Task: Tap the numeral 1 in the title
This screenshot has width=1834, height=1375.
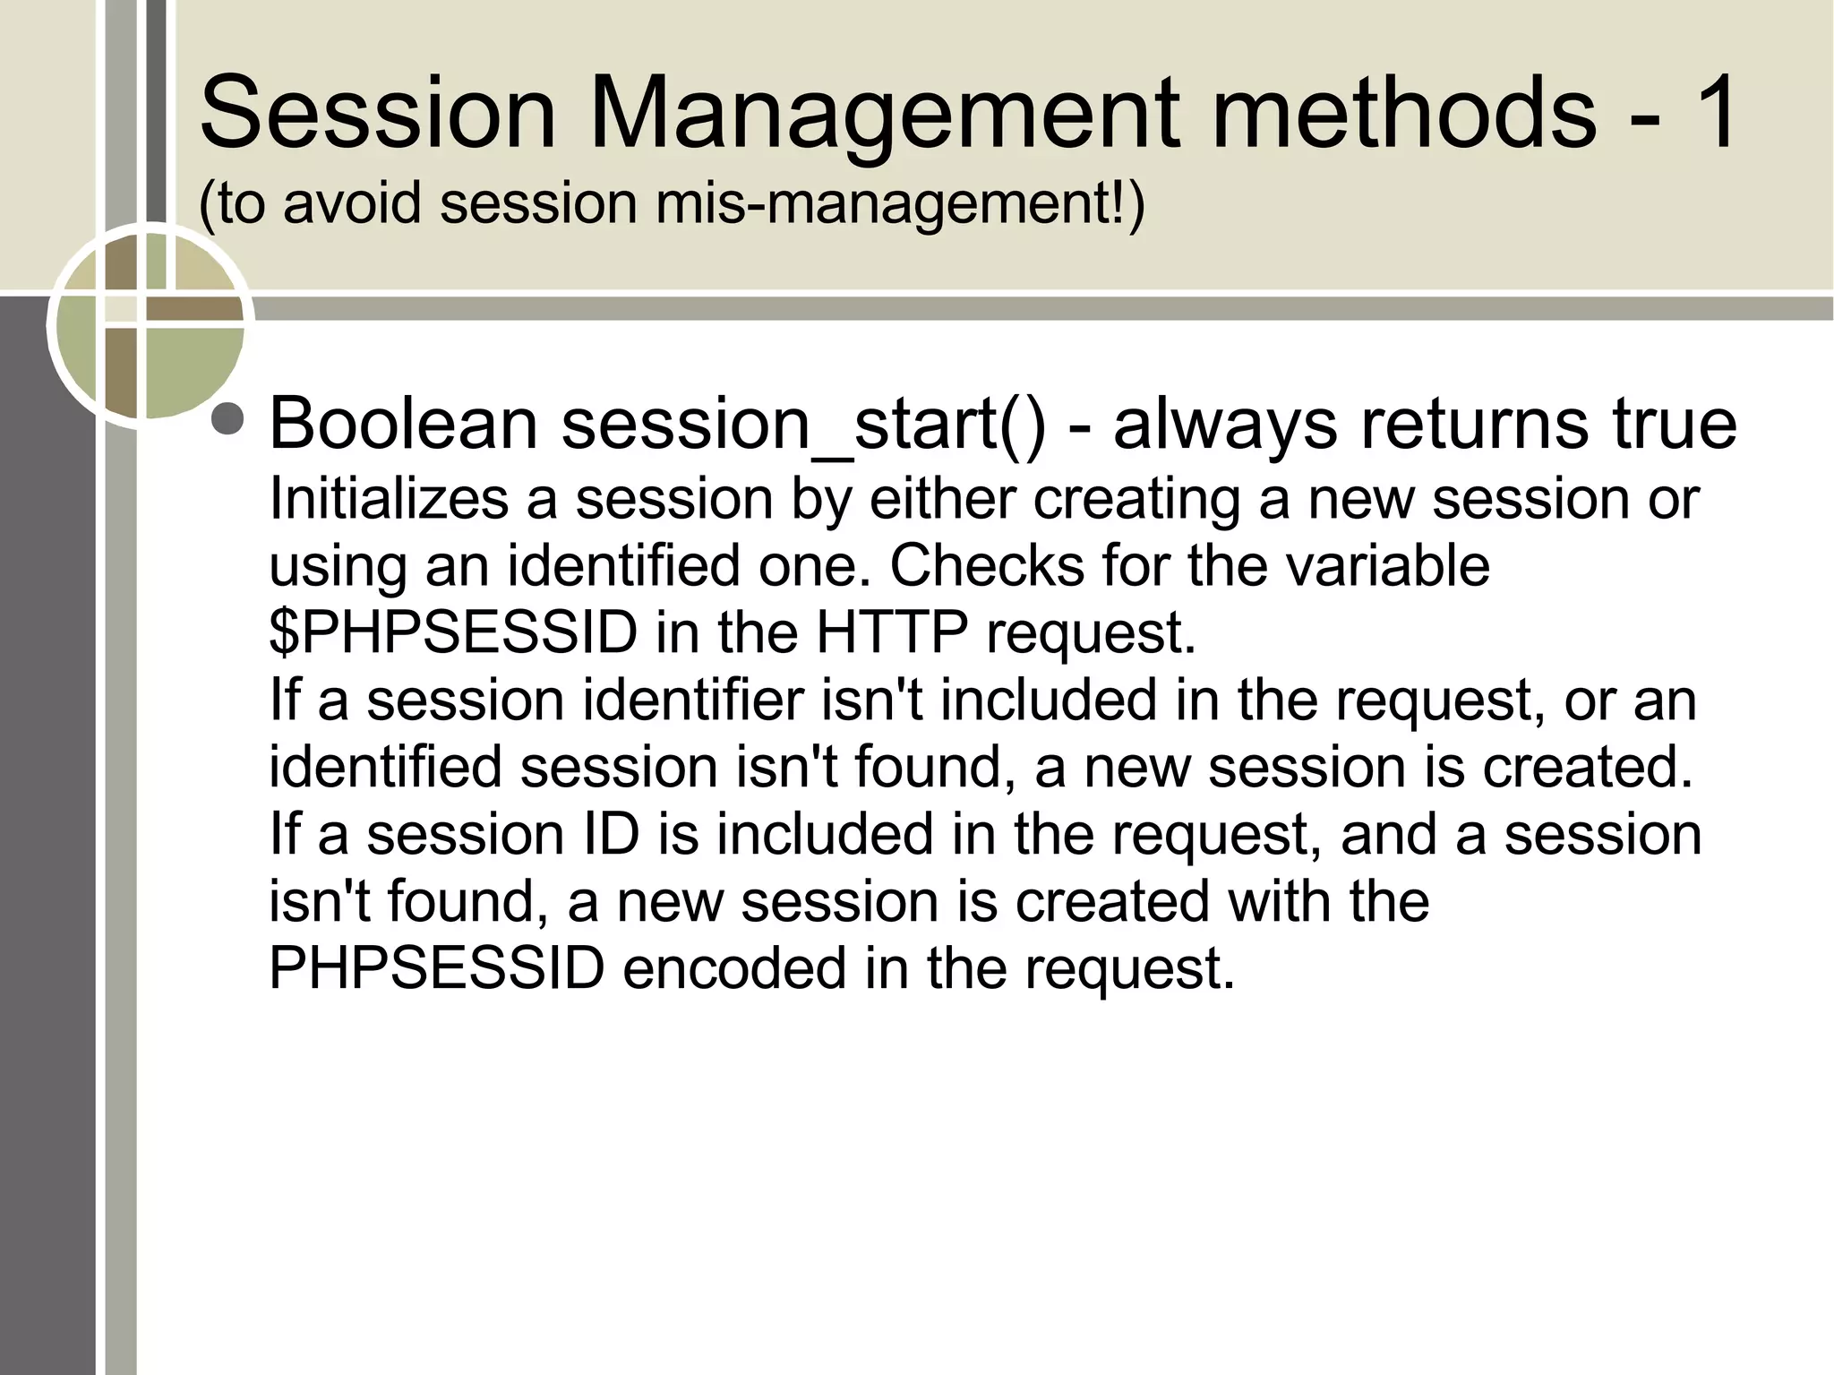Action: (1709, 113)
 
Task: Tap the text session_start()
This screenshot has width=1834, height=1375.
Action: (802, 425)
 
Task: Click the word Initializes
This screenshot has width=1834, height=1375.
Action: (389, 498)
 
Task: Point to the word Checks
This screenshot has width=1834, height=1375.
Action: (987, 565)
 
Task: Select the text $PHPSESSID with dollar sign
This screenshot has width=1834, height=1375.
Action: (452, 632)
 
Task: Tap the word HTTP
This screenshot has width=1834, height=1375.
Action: (891, 632)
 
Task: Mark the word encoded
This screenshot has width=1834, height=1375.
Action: (733, 968)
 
